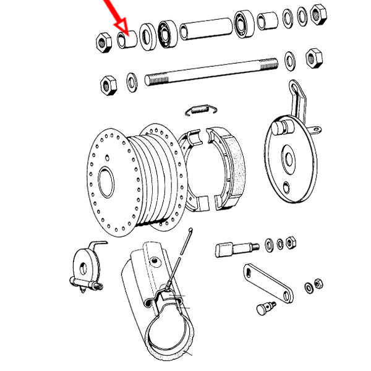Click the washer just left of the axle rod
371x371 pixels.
point(131,80)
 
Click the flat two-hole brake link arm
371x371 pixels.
point(270,283)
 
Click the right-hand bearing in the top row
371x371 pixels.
point(242,25)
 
